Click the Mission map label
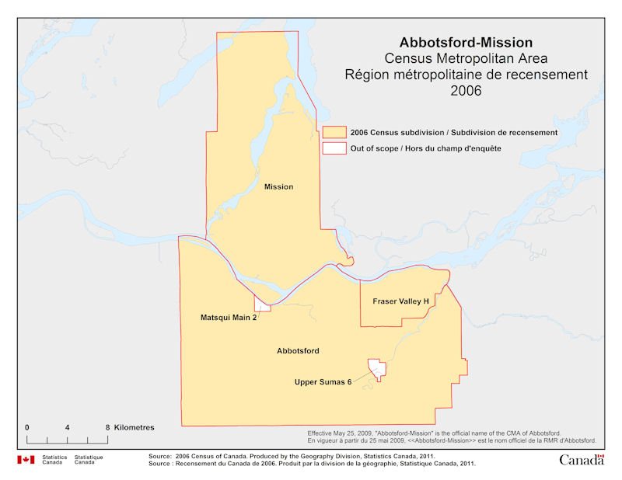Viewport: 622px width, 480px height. coord(278,186)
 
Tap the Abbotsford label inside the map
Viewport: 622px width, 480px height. coord(298,351)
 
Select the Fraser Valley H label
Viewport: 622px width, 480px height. coord(400,301)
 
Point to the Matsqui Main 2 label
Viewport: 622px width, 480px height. coord(228,317)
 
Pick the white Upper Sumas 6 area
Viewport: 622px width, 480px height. coord(377,368)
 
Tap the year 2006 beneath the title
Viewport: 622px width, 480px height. coord(466,91)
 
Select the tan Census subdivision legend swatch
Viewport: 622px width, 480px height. coord(334,132)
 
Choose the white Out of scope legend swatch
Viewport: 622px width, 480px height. coord(334,148)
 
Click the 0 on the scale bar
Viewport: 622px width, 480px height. coord(27,428)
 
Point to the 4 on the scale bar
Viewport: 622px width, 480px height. coord(68,428)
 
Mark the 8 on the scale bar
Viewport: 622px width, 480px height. coord(107,428)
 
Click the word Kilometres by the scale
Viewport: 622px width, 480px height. coord(135,428)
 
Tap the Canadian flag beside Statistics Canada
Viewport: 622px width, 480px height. coord(26,460)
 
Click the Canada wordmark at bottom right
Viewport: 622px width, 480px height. coord(581,460)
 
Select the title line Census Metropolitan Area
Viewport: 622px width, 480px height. coord(466,58)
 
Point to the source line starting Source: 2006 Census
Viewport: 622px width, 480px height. coord(292,456)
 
